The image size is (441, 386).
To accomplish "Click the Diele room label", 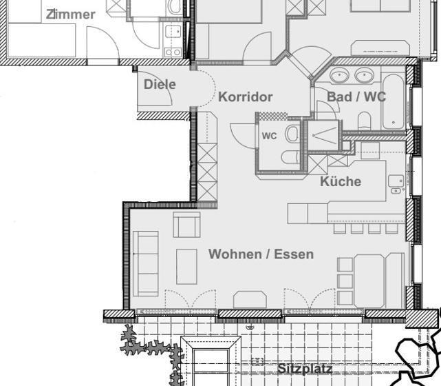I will pos(160,85).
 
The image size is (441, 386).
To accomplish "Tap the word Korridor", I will pos(246,97).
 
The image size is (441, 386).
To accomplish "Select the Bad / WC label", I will pos(356,97).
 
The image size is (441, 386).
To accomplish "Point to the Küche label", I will pos(341,181).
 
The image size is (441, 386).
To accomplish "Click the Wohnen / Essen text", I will pos(261,254).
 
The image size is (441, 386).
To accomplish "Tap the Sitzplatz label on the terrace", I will pos(305,369).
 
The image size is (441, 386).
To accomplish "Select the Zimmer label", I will pos(70,14).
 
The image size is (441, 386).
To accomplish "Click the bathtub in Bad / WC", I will pos(394,102).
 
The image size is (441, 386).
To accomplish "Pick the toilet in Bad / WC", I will pos(364,122).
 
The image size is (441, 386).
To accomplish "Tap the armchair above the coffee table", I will pos(186,225).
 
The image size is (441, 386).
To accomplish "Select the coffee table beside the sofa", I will pos(186,266).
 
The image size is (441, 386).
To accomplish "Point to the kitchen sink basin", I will pos(396,181).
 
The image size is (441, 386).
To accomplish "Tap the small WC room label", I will pos(269,136).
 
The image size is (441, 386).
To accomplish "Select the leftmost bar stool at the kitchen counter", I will pos(339,227).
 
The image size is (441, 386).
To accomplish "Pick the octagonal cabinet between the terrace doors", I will pos(249,300).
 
